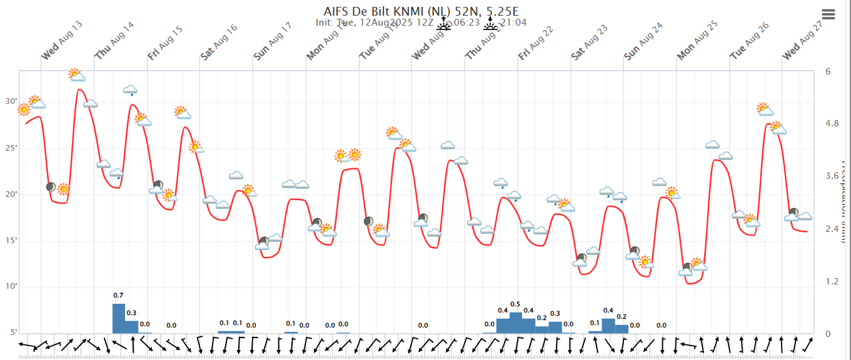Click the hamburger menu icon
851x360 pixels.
tap(828, 14)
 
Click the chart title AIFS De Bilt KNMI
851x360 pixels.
tap(421, 11)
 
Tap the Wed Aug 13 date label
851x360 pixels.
tap(62, 41)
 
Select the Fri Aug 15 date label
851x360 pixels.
tap(166, 43)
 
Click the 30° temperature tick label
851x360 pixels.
tap(11, 101)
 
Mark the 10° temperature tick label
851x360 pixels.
tap(11, 286)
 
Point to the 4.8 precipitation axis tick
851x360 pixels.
tap(832, 124)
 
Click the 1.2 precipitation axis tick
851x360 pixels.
tap(832, 281)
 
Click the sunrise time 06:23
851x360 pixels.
tap(466, 22)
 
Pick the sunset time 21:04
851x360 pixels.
tap(514, 22)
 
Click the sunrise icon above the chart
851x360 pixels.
tap(443, 24)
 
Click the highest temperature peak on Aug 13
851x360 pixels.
tap(79, 89)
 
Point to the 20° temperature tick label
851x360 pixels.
tap(11, 194)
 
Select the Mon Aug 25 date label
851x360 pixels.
tap(697, 41)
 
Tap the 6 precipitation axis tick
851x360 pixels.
tap(828, 71)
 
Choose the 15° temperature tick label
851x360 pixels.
tap(11, 241)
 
